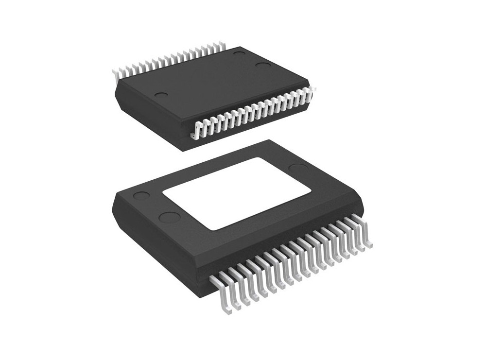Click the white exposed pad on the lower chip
(x=237, y=192)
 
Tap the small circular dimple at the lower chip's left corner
(x=141, y=197)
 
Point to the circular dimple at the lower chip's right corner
(x=296, y=168)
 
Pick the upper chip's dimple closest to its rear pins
(x=239, y=52)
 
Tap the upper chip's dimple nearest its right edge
(x=263, y=66)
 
